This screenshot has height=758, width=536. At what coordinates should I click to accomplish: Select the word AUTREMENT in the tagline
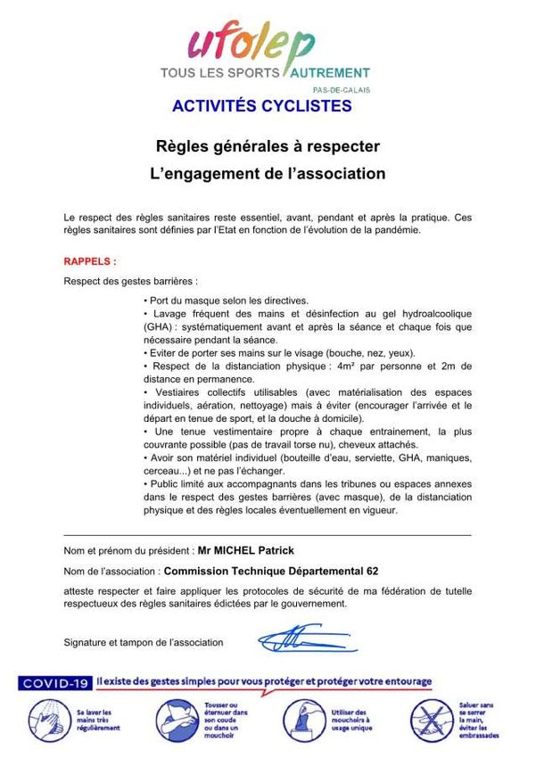[326, 72]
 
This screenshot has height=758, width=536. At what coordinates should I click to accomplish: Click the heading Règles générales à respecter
[268, 145]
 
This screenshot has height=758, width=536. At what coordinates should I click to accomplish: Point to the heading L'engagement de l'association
[268, 174]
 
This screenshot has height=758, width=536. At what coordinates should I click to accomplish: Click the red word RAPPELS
[89, 262]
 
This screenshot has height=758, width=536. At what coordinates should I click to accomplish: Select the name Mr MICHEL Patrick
[245, 551]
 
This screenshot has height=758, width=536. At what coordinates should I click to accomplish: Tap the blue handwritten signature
[294, 638]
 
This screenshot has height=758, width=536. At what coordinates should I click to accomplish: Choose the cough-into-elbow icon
[175, 718]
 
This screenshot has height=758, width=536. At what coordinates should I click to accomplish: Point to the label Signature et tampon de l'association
[144, 642]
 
